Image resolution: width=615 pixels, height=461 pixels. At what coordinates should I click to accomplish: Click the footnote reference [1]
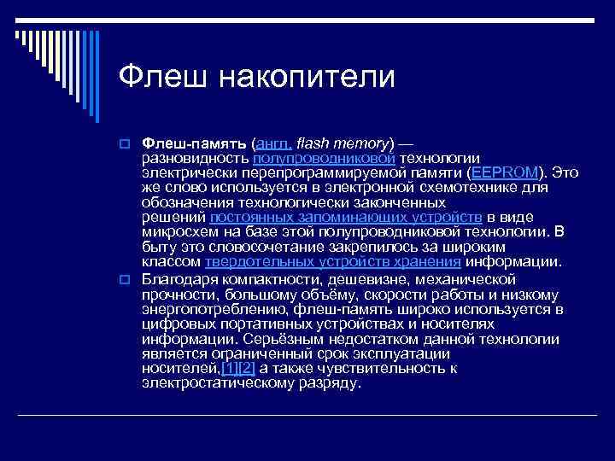tap(228, 368)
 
